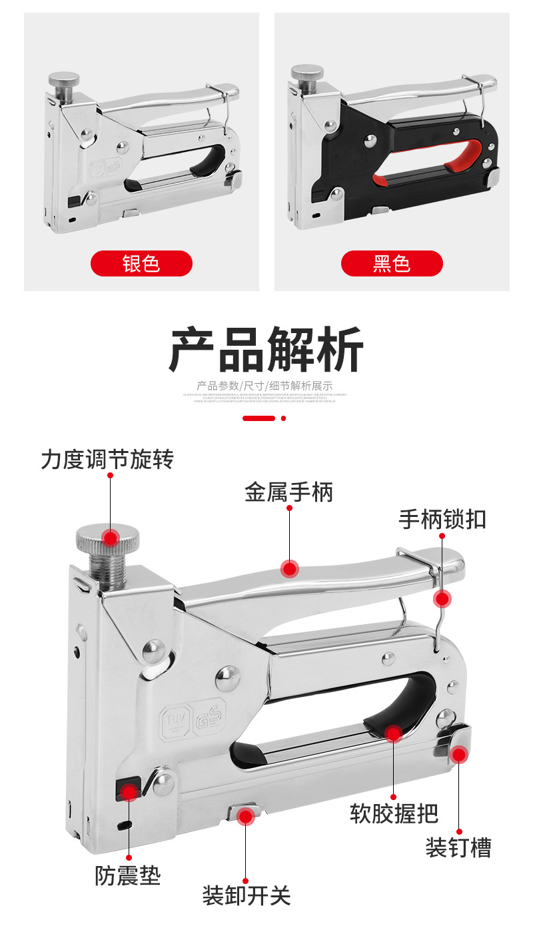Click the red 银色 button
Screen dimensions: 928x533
click(x=141, y=264)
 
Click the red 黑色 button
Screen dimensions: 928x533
click(x=392, y=264)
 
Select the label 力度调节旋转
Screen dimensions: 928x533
click(x=107, y=459)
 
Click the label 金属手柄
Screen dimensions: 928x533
click(x=288, y=492)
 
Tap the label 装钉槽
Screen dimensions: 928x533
click(x=458, y=847)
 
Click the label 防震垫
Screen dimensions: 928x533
click(x=128, y=875)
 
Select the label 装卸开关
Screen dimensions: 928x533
click(x=247, y=895)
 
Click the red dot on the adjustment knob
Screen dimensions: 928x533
click(x=110, y=537)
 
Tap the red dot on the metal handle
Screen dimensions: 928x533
click(x=289, y=569)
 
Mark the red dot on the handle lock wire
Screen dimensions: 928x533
click(x=442, y=599)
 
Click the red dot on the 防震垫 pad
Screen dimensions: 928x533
click(x=129, y=791)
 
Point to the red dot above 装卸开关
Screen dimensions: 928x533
click(x=246, y=815)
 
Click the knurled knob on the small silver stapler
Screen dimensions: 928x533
click(x=63, y=80)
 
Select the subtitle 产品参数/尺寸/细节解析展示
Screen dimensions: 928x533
click(x=265, y=386)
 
